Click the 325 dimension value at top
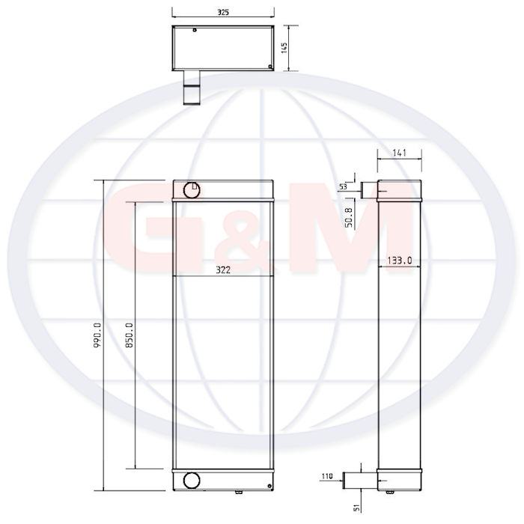pyautogui.click(x=223, y=13)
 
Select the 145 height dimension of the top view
pyautogui.click(x=284, y=48)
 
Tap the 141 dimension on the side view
pyautogui.click(x=399, y=153)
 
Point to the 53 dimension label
pyautogui.click(x=343, y=186)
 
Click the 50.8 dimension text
pyautogui.click(x=349, y=218)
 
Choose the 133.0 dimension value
pyautogui.click(x=399, y=261)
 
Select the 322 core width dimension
pyautogui.click(x=223, y=270)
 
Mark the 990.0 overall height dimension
pyautogui.click(x=97, y=335)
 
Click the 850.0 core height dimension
pyautogui.click(x=129, y=335)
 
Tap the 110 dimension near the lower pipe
pyautogui.click(x=327, y=476)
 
